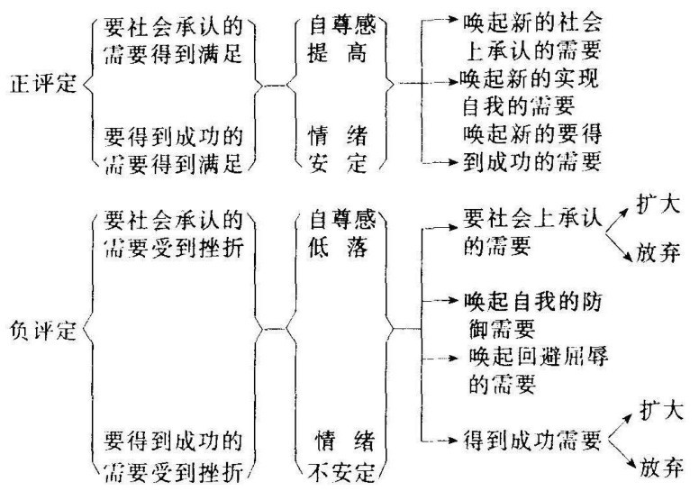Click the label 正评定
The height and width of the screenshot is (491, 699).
tap(43, 84)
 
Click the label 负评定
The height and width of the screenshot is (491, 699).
tap(43, 330)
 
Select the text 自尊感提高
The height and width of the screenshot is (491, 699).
tap(342, 40)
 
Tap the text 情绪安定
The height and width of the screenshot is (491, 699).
tap(338, 149)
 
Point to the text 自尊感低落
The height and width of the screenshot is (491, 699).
tap(342, 233)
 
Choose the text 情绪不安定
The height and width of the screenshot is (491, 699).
tap(342, 456)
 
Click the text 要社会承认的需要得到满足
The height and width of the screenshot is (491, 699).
tap(174, 41)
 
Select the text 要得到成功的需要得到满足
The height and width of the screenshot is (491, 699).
tap(174, 150)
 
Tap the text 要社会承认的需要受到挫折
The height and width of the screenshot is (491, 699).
tap(174, 233)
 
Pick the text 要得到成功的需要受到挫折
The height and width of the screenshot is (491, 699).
tap(174, 456)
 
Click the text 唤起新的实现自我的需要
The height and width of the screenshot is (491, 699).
tap(529, 93)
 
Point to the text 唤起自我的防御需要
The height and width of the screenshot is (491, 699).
tap(532, 315)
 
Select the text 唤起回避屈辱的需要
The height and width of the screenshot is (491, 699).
tap(538, 369)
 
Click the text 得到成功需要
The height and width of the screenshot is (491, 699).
tap(532, 441)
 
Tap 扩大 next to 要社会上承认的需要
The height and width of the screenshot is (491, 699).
tap(658, 205)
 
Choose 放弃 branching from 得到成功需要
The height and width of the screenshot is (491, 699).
tap(661, 467)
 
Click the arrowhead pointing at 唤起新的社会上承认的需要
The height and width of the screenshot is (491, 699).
tap(453, 19)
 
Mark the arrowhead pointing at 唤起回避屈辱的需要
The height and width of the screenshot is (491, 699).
tap(453, 358)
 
